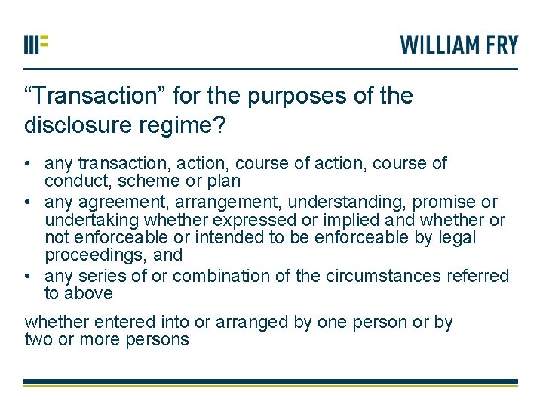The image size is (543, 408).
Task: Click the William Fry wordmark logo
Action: tap(459, 45)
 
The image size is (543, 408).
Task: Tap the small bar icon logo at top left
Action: tap(35, 44)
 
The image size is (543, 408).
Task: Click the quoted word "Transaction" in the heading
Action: tap(90, 96)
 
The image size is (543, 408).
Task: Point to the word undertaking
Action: tap(89, 221)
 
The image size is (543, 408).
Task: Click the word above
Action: tap(87, 293)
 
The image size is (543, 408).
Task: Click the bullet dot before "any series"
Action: tap(27, 277)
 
